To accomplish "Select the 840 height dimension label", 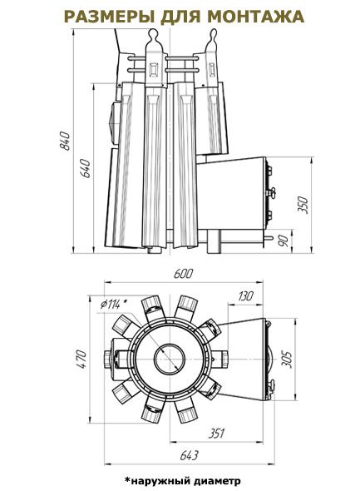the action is pos(66,141).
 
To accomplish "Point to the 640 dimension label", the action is pos(86,168).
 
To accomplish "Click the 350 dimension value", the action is pos(303,205).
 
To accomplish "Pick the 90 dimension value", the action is pos(284,241).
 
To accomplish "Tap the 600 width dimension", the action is pos(183,273).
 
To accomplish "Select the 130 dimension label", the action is pos(245,296).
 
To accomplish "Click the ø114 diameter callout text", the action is pos(115,304).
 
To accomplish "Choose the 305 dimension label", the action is pos(286,360).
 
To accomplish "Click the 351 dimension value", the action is pos(216,434).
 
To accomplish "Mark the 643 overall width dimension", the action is pos(190,455).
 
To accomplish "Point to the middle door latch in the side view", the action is pos(270,191).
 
